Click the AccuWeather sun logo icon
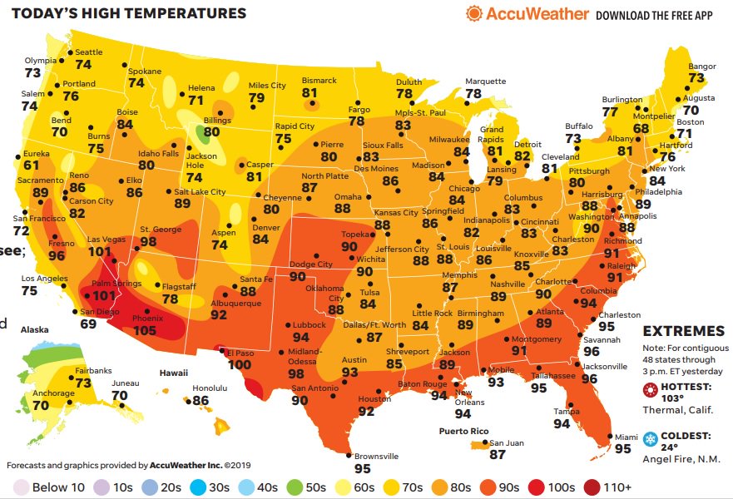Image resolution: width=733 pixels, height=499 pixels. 473,14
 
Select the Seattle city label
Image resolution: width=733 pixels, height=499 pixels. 89,52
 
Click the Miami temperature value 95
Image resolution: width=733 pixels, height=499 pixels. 622,448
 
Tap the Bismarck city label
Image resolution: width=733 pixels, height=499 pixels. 319,81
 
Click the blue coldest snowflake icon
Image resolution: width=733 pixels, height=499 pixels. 650,437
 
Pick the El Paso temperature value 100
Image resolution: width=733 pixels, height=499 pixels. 239,364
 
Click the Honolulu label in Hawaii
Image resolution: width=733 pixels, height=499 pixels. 209,388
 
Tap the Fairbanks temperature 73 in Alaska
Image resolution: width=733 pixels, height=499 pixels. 82,383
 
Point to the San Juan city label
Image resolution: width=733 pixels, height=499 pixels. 507,442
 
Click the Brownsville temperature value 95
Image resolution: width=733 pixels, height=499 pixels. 362,468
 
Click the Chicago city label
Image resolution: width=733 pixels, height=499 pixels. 464,189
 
